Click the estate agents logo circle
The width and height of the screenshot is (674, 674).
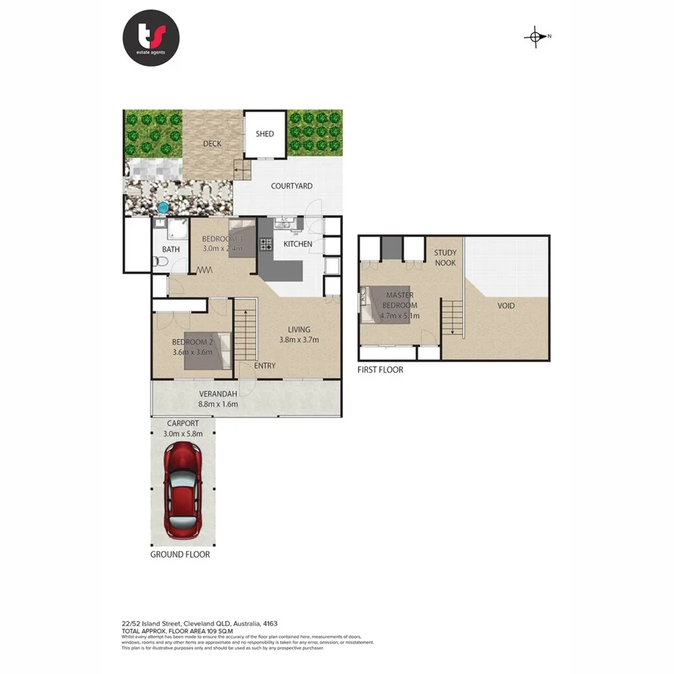coord(152,37)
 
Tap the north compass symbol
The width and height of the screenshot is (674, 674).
coord(536,37)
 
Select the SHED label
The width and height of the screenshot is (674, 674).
coord(264,134)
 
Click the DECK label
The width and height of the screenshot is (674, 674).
coord(212,144)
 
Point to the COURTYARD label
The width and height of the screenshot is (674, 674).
coord(292,186)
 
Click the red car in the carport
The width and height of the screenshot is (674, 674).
coord(182,490)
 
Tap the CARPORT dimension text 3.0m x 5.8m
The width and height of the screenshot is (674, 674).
coord(183,434)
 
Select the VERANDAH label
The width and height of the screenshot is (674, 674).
coord(218,394)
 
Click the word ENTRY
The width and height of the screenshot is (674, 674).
coord(264,365)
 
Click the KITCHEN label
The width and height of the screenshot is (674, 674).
coord(297,244)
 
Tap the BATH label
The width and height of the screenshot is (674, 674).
coord(171,249)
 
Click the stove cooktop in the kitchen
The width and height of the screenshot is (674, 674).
coord(264,243)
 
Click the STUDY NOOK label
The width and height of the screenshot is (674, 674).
coord(445,258)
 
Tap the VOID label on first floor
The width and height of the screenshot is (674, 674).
coord(506,306)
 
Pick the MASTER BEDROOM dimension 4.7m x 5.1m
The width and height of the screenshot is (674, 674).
coord(401,315)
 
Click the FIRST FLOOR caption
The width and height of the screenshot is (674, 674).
coord(380,370)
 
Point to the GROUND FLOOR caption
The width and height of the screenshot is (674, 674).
coord(180,555)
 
